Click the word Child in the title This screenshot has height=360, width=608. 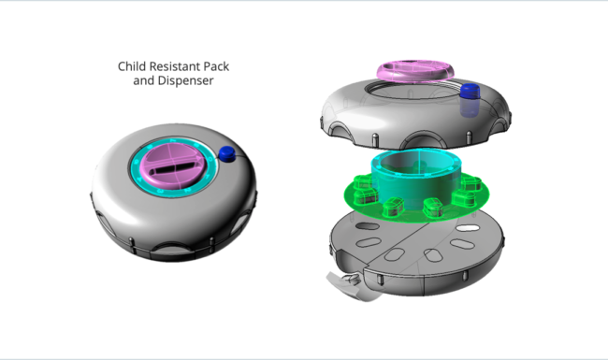click(132, 66)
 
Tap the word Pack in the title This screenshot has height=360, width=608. click(216, 66)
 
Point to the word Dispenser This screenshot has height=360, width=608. click(185, 80)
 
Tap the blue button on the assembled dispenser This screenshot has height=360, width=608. click(227, 154)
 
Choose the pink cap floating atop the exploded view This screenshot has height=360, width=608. click(415, 71)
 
